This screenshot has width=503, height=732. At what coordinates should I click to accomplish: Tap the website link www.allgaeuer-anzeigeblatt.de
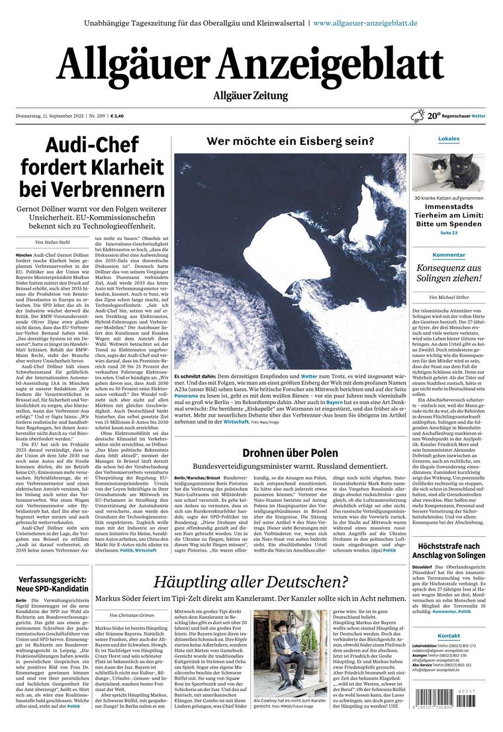pos(365,22)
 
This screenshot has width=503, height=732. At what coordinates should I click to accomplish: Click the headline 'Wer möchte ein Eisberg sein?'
pos(290,141)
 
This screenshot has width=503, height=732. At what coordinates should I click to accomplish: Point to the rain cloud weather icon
pos(418,116)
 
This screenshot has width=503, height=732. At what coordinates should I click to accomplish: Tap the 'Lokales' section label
pos(449,139)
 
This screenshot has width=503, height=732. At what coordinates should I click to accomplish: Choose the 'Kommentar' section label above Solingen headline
pos(449,255)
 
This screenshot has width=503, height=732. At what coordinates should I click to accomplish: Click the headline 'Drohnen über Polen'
pos(290,453)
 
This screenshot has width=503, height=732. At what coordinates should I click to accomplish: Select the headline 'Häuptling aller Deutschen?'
pos(251,582)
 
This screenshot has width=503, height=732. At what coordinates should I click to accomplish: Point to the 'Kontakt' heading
pos(449,636)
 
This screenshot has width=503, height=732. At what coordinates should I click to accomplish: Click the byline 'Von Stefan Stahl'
pos(53,242)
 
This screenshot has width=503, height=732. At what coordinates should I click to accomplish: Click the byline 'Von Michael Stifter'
pos(449,298)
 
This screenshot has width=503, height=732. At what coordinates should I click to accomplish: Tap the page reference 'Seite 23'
pos(449,233)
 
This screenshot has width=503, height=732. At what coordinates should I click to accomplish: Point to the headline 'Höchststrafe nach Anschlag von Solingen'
pos(449,550)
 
